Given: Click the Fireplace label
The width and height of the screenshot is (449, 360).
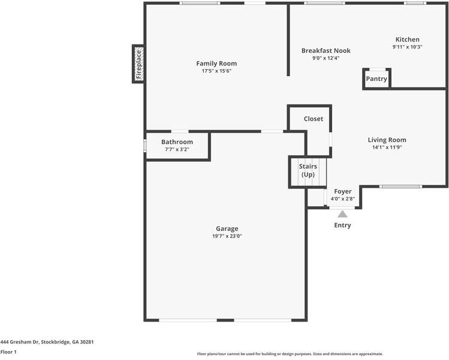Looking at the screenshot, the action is tap(139, 64).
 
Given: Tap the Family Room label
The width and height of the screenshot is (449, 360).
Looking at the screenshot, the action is tap(216, 64).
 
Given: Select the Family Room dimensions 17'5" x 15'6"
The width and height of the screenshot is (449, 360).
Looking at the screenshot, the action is tap(216, 71).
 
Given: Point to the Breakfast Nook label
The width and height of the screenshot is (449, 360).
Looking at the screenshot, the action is tap(326, 51).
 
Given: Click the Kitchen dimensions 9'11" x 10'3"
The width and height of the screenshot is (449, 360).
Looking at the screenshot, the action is tap(407, 47).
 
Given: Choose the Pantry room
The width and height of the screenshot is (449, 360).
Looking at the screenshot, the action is tap(376, 79).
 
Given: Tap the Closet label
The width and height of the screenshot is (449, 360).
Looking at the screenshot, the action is tap(314, 119).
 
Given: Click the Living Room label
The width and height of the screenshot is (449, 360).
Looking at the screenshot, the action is tap(387, 140).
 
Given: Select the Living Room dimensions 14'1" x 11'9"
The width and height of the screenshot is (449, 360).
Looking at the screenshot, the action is tap(387, 148).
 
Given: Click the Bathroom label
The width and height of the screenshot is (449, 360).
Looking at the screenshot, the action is tap(177, 142).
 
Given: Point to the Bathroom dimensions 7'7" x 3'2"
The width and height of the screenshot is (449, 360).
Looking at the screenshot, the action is tap(177, 149).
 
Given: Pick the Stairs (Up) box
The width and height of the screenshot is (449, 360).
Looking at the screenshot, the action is tap(308, 172).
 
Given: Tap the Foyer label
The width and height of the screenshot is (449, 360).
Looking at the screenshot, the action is tap(343, 191).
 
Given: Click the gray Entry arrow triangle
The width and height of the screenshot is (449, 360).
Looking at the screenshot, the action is tap(342, 214).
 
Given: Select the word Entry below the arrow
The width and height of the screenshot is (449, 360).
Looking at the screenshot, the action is tap(342, 225).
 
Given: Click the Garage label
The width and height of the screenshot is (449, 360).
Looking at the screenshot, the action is tap(227, 229).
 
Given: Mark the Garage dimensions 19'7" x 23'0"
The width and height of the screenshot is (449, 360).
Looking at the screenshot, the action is tap(227, 236).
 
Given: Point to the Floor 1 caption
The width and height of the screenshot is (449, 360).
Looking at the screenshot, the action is tap(8, 352).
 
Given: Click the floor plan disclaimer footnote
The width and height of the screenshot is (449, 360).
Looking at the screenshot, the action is tap(290, 354).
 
